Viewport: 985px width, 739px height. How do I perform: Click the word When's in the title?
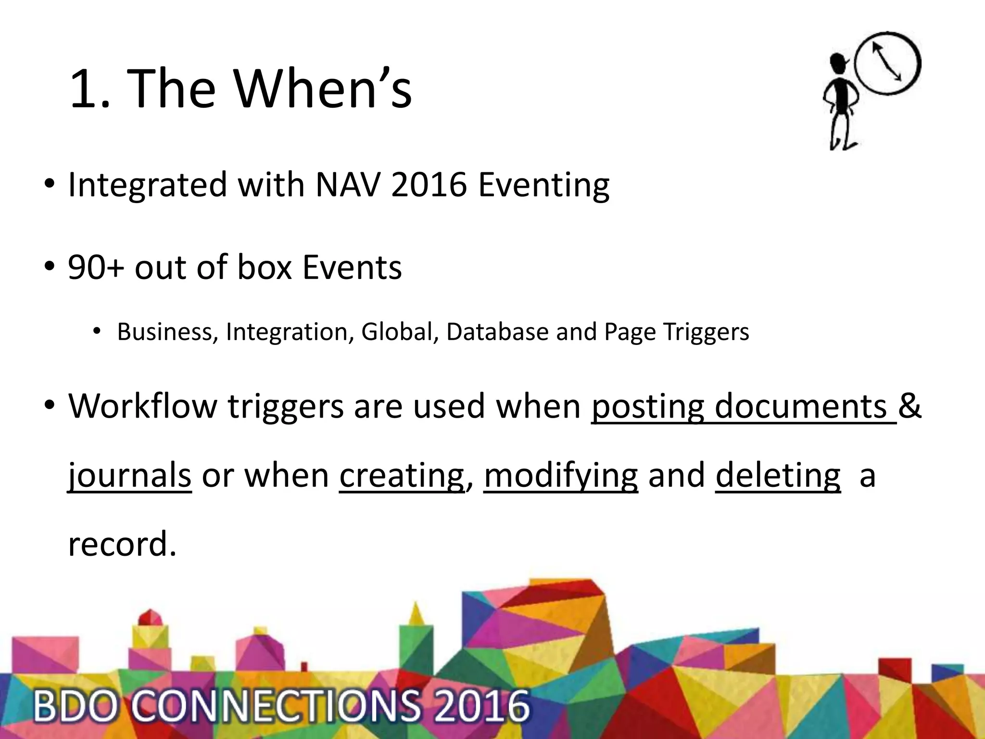pyautogui.click(x=323, y=89)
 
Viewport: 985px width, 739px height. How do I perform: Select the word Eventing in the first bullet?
pyautogui.click(x=543, y=185)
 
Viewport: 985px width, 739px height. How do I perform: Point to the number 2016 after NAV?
pyautogui.click(x=429, y=185)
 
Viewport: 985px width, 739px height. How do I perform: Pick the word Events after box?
pyautogui.click(x=352, y=267)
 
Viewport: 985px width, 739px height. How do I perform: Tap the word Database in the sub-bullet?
pyautogui.click(x=497, y=332)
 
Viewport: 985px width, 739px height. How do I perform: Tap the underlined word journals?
pyautogui.click(x=129, y=475)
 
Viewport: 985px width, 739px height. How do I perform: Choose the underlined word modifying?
pyautogui.click(x=561, y=475)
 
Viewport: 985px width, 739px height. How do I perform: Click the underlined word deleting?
pyautogui.click(x=778, y=475)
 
